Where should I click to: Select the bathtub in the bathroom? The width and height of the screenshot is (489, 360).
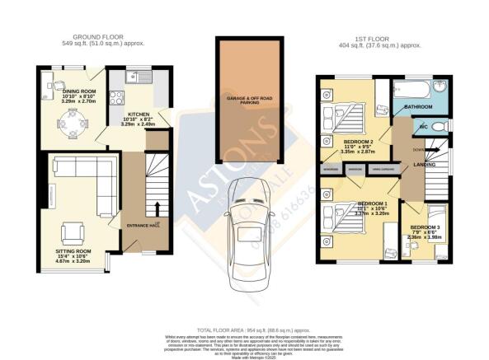tap(413, 88)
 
